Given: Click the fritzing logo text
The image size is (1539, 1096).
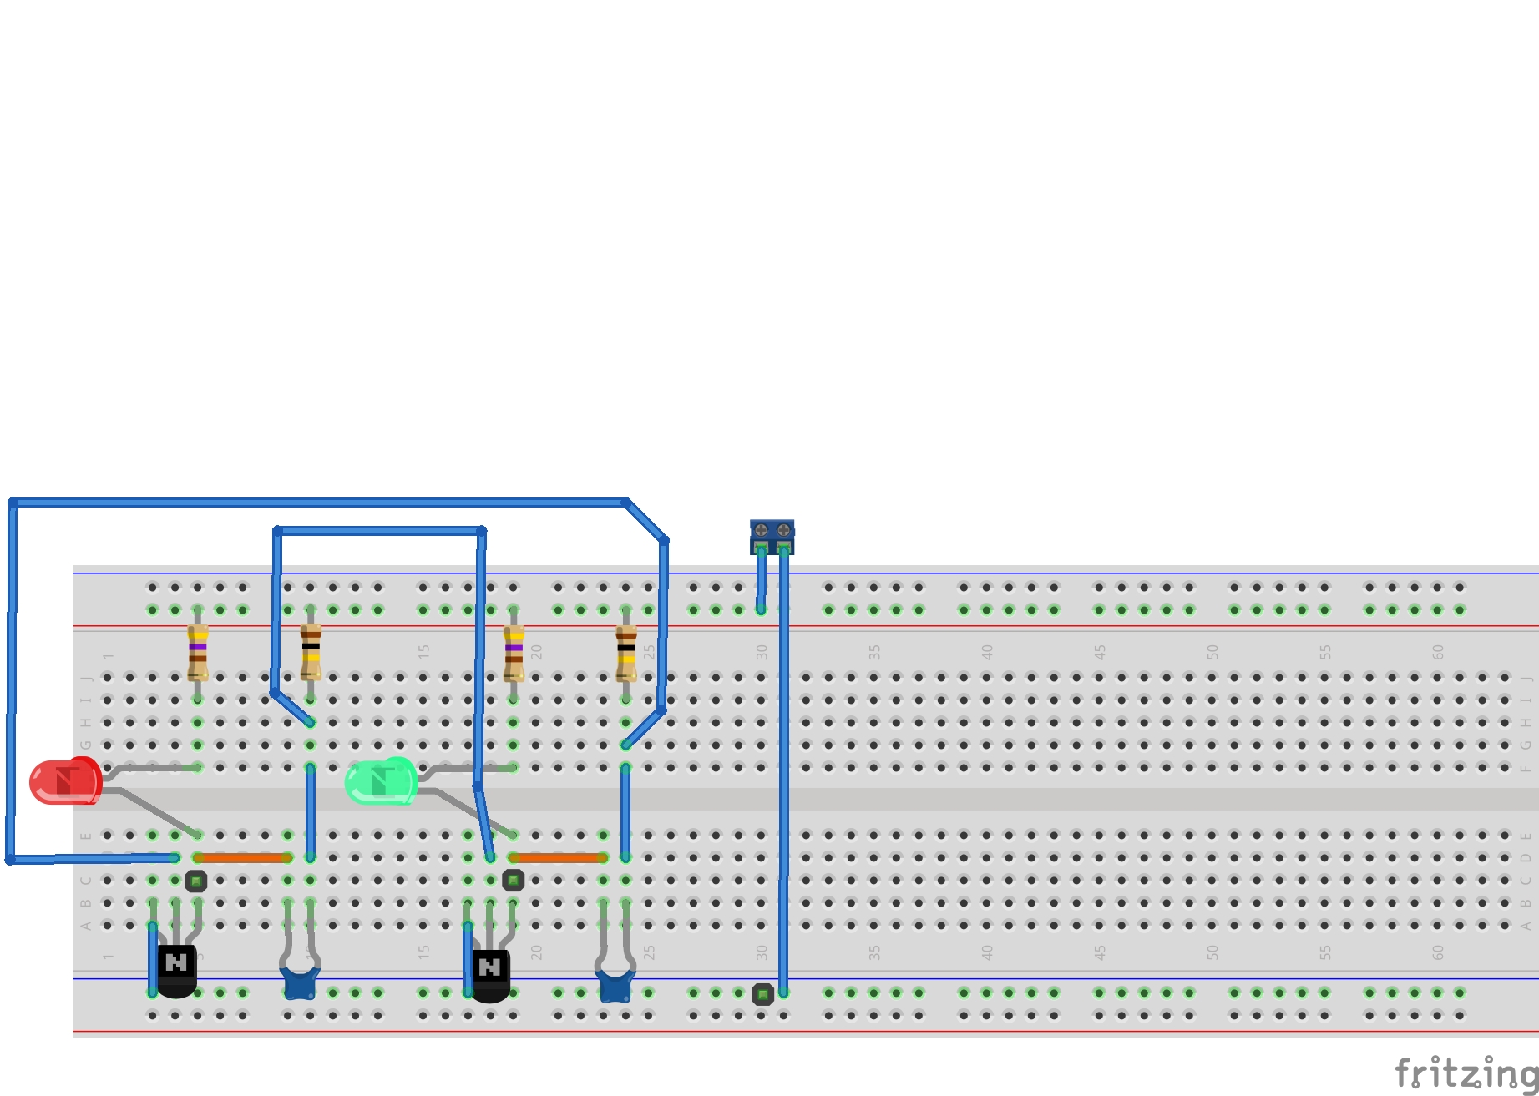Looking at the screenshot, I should (x=1466, y=1073).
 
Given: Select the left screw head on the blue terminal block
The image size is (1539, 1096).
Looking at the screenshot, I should (x=761, y=530).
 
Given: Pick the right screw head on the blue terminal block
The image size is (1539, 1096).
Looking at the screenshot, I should (x=783, y=530).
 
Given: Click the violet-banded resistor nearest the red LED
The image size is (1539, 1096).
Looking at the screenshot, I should (x=198, y=652).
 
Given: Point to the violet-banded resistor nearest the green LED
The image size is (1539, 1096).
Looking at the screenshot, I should (x=514, y=652).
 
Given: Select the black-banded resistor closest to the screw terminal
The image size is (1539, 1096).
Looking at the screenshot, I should (x=626, y=652).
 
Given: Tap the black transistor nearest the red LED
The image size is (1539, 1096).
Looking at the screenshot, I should (x=176, y=971).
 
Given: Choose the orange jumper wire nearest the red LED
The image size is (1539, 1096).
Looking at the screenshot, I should (x=242, y=857).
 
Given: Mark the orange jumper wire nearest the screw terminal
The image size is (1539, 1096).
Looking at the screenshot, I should (x=558, y=857).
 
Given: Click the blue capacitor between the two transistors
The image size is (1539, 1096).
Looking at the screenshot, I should (x=299, y=982).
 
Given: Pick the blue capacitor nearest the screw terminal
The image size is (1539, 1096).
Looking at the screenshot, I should (x=615, y=986).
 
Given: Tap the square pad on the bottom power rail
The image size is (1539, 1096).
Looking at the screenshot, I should (x=762, y=994).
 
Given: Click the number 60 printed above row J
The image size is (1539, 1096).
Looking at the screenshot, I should (x=1437, y=652).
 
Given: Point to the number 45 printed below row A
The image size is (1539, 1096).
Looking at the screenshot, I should (x=1099, y=952).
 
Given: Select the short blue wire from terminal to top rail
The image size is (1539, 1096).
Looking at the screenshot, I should (x=762, y=580).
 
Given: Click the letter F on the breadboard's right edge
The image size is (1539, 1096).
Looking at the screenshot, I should (x=1526, y=767).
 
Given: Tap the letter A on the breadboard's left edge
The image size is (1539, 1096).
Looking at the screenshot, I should (x=85, y=925).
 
